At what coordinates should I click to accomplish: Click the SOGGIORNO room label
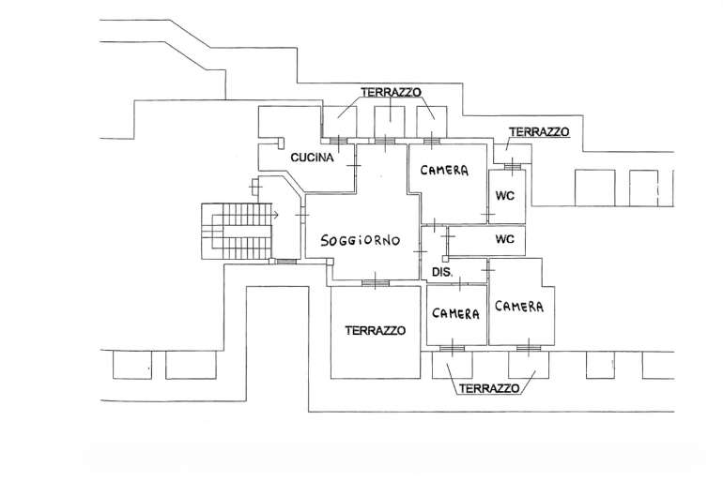pos(361,241)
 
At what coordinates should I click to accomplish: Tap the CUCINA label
pos(313,158)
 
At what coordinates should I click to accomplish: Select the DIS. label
pos(441,272)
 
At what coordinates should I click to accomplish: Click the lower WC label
pos(505,240)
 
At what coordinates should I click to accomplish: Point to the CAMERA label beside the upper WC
pos(445,171)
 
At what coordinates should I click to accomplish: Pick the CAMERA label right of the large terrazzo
pos(456,314)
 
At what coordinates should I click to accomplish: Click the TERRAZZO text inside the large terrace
pos(374,330)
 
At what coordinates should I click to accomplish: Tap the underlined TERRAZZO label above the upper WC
pos(538,132)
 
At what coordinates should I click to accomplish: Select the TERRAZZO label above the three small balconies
pos(391,92)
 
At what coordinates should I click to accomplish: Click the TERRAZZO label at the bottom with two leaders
pos(490,388)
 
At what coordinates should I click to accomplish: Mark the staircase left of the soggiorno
pos(235,230)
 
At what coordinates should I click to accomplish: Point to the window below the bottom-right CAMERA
pos(528,348)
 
